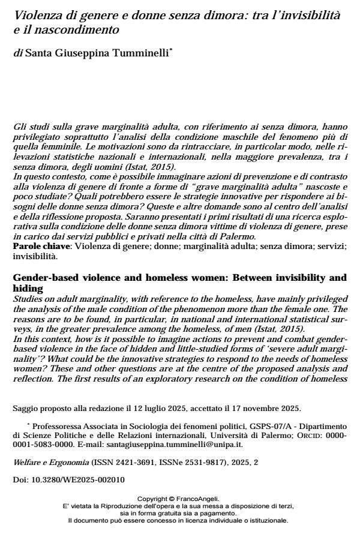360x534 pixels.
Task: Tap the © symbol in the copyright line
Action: pyautogui.click(x=172, y=499)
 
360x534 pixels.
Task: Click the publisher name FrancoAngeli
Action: pyautogui.click(x=196, y=499)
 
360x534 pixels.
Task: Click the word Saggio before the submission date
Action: pyautogui.click(x=24, y=409)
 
